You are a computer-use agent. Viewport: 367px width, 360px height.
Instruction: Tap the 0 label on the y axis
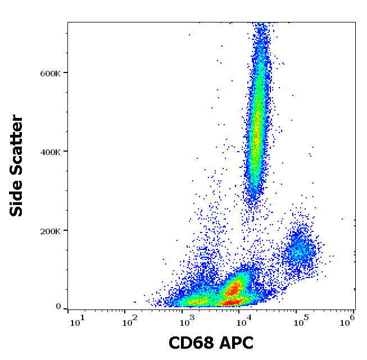(58, 307)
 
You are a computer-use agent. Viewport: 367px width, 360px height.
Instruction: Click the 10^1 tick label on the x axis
(77, 321)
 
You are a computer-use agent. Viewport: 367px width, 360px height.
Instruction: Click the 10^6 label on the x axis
(350, 320)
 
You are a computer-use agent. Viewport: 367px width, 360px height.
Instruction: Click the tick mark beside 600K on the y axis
(65, 72)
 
